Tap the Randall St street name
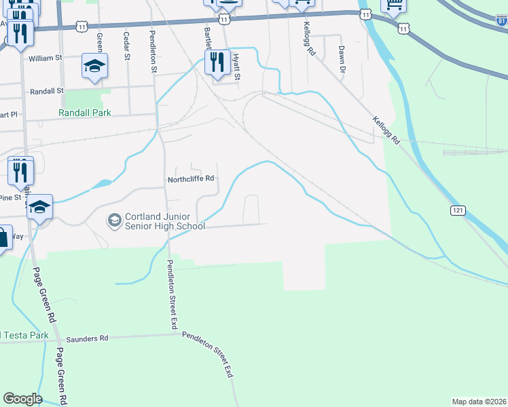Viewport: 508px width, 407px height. click(x=47, y=90)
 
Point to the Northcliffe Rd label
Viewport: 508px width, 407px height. click(x=192, y=180)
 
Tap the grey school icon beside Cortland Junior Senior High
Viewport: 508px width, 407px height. click(x=114, y=220)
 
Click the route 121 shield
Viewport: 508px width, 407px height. click(x=457, y=212)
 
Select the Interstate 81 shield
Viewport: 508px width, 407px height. click(x=501, y=22)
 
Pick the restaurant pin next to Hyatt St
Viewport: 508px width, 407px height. click(x=217, y=63)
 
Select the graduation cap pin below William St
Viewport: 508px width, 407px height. click(x=94, y=66)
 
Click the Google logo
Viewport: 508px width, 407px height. click(x=22, y=399)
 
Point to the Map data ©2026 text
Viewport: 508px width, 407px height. click(x=479, y=402)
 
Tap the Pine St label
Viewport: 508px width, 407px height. click(x=11, y=197)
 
